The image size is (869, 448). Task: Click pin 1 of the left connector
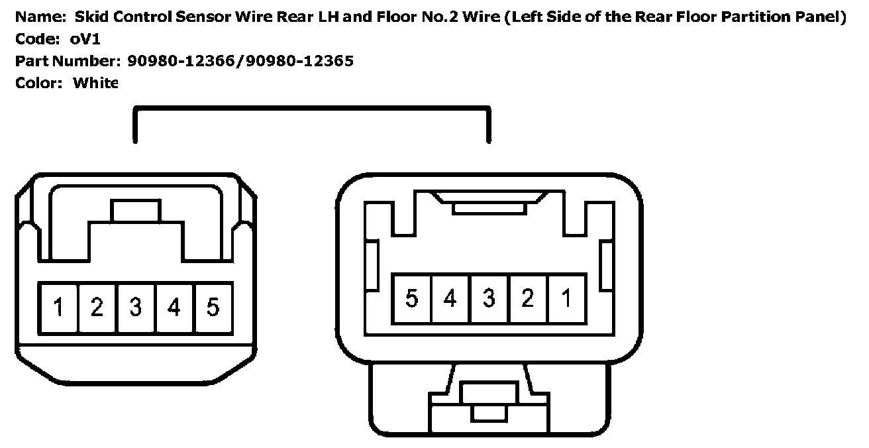click(58, 308)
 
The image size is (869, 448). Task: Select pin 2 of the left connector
click(97, 308)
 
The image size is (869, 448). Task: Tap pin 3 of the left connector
click(136, 308)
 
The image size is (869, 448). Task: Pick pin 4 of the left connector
click(174, 308)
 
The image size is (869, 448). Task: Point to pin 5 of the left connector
click(213, 308)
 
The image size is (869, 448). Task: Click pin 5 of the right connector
click(411, 298)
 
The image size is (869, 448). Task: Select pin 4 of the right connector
click(450, 298)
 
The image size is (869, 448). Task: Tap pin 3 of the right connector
click(489, 298)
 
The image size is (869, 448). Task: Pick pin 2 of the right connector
click(528, 298)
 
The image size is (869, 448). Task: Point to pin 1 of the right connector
click(566, 298)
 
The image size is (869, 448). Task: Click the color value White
click(95, 83)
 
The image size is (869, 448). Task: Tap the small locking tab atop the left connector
click(136, 211)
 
